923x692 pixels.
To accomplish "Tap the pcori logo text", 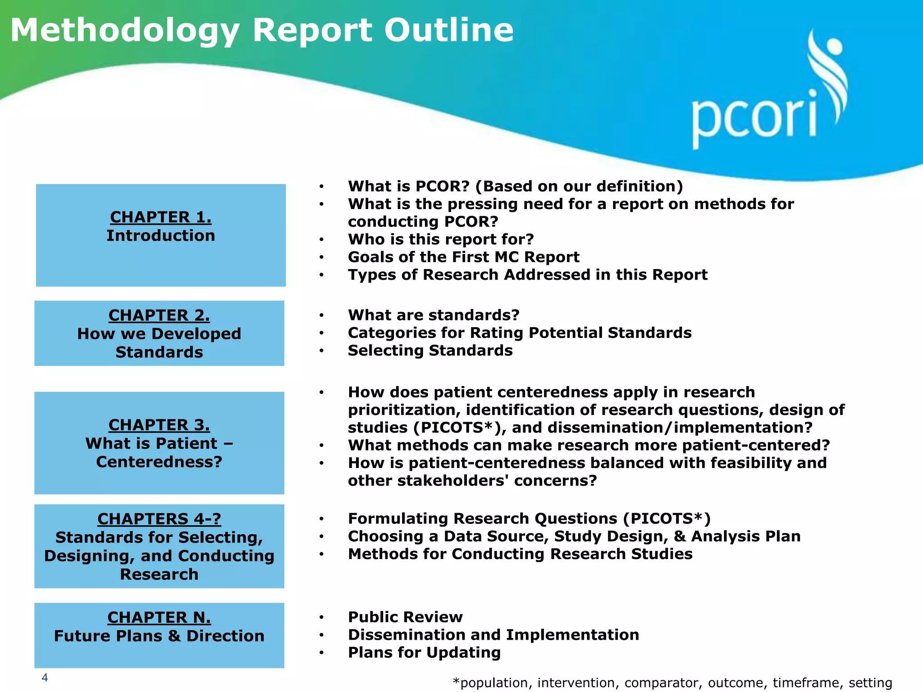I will point(754,118).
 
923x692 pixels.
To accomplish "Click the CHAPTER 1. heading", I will point(161,217).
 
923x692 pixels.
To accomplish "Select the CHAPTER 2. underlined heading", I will point(159,315).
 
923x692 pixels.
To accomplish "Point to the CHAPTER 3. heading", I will point(159,425).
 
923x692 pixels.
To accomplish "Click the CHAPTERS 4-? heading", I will point(159,519).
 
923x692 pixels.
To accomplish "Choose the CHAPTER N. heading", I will point(159,617).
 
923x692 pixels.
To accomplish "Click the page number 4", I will point(45,678).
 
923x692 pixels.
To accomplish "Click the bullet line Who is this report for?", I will point(441,239).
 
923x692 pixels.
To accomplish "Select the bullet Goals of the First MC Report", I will point(463,257).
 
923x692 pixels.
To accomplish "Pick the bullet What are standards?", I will point(434,315).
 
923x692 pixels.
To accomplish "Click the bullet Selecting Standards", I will point(430,351).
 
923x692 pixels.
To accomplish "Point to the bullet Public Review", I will point(405,617).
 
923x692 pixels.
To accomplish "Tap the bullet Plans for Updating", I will point(424,652).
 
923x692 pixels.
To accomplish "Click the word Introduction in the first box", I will point(161,236).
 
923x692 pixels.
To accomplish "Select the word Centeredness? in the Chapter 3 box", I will point(159,462).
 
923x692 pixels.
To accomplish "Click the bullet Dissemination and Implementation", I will point(493,635).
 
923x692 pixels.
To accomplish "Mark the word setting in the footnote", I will point(870,683).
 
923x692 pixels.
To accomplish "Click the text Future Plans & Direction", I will point(159,636).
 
